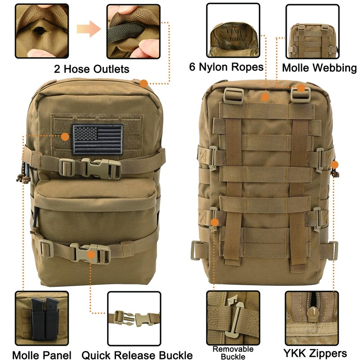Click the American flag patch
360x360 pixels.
coord(98,139)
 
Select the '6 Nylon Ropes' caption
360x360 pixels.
coord(226,67)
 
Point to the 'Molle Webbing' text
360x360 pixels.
coord(319,68)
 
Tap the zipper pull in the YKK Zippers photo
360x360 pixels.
coord(313,311)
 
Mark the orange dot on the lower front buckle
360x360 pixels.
coord(92,255)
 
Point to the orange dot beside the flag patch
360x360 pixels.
coord(65,135)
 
